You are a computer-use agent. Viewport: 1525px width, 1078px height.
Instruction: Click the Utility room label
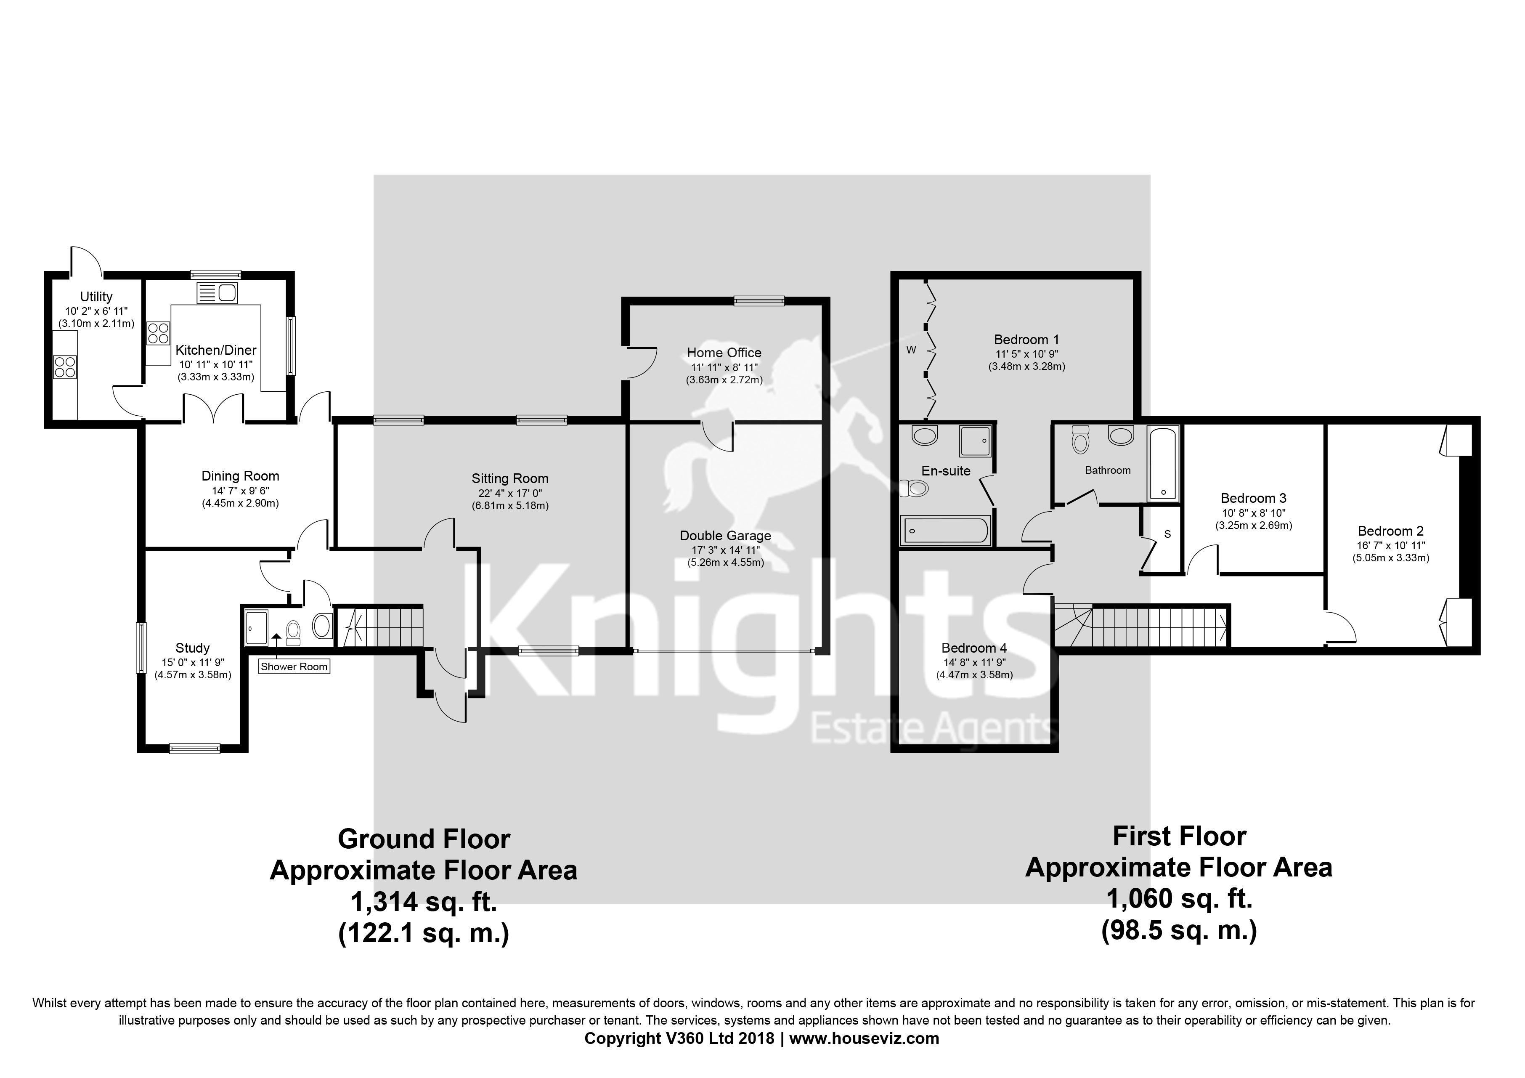(x=96, y=297)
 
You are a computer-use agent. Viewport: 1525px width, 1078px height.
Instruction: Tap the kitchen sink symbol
(x=217, y=292)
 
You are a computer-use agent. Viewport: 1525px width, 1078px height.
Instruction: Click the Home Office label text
(x=724, y=353)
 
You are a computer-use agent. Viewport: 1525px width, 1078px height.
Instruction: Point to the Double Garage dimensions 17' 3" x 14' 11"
(x=725, y=550)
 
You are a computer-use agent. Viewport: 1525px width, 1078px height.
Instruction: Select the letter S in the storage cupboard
(x=1167, y=534)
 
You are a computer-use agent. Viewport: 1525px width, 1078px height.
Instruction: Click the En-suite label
(x=946, y=471)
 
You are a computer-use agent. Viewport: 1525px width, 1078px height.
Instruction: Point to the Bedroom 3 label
(x=1253, y=498)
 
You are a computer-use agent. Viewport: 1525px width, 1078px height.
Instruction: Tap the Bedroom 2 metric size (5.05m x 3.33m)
(x=1391, y=558)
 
